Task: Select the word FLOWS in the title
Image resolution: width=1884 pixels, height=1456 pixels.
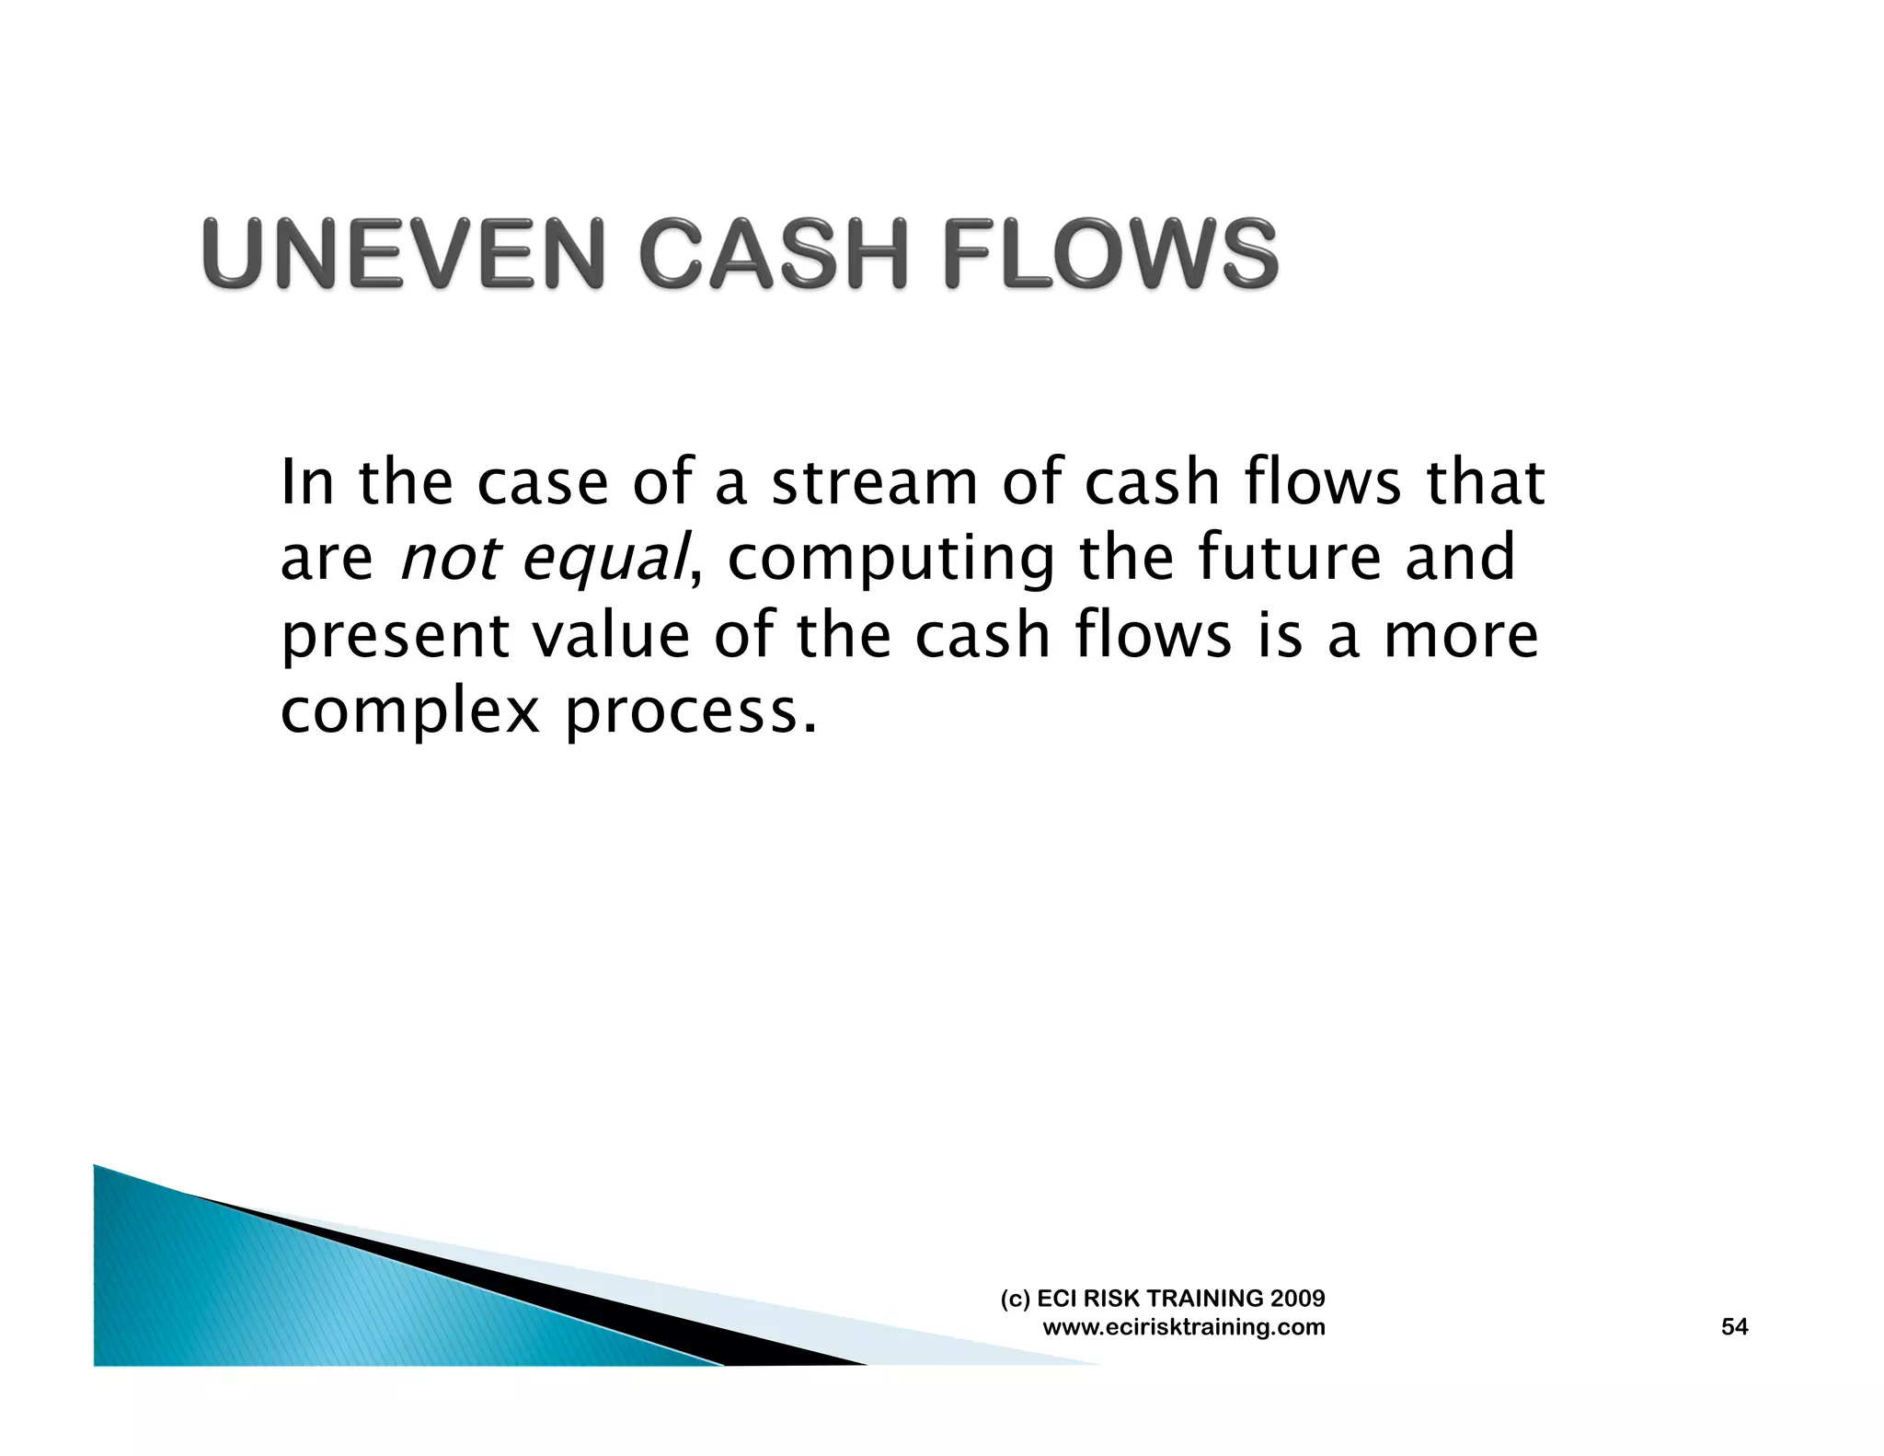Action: pos(1110,254)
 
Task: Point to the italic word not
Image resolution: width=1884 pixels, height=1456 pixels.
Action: pos(451,559)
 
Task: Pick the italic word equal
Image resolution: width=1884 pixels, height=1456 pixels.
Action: pos(604,560)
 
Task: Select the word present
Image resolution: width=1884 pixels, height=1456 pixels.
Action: pos(394,637)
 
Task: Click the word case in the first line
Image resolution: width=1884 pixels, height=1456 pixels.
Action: pos(543,484)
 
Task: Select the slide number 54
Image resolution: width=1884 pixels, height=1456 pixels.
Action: pos(1734,1326)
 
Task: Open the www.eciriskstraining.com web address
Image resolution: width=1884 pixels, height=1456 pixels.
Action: pos(1183,1327)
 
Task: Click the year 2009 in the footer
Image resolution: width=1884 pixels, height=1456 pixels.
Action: pos(1297,1299)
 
